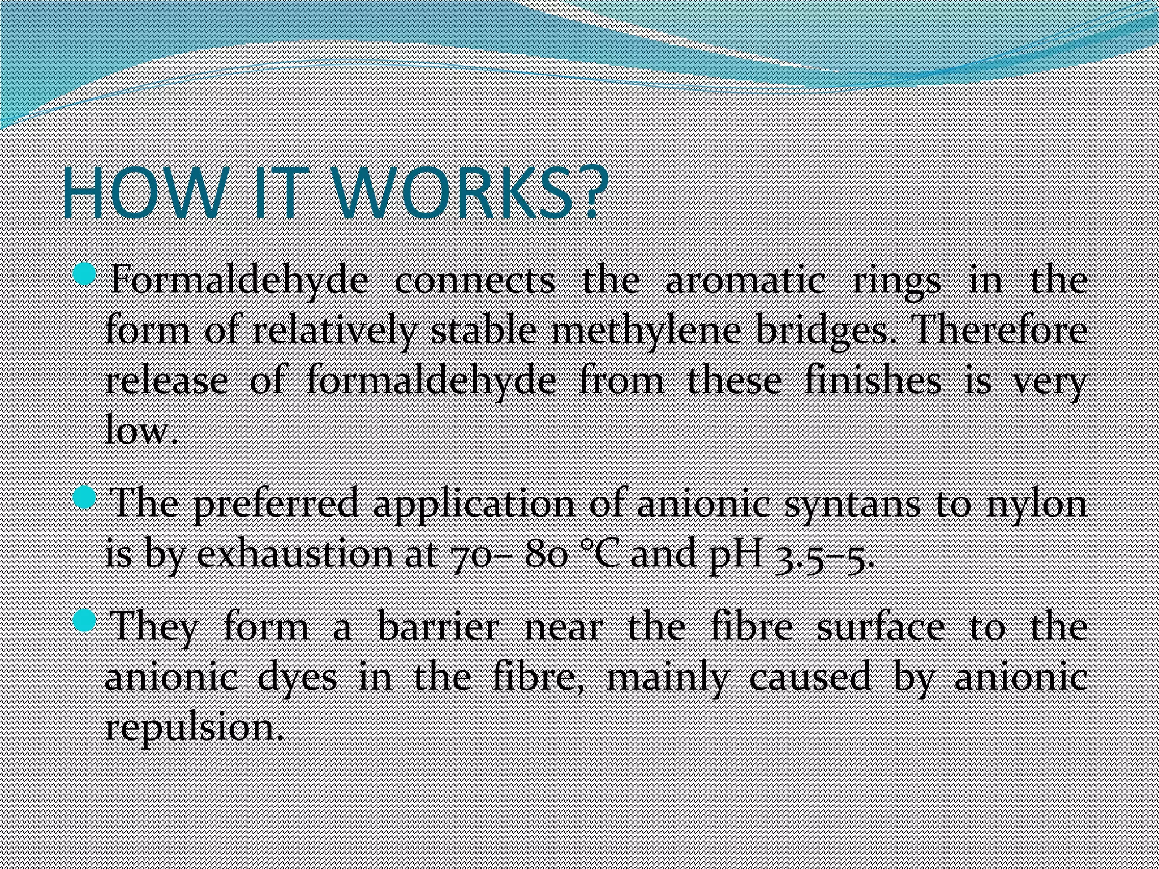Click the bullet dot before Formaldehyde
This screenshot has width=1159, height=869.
tap(87, 276)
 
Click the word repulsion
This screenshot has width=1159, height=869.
tap(192, 728)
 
